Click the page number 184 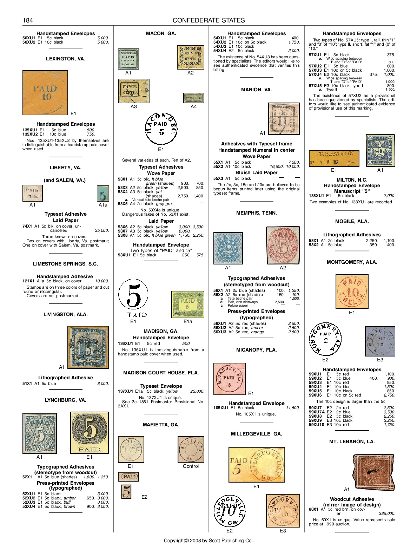tap(28, 20)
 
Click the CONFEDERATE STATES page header tap(208, 20)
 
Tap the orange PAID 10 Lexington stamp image tap(45, 93)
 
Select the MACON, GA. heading tap(161, 33)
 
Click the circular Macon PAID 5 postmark tap(161, 129)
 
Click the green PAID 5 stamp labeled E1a tap(188, 304)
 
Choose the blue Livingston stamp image tap(88, 347)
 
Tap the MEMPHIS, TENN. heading tap(257, 213)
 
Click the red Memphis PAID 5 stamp tap(283, 245)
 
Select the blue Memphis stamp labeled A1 tap(228, 248)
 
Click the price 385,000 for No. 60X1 tap(386, 513)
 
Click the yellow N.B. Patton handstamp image tap(334, 158)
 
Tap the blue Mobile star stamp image tap(380, 150)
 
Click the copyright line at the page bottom tap(208, 541)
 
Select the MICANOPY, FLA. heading tap(257, 350)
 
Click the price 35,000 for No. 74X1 tap(102, 230)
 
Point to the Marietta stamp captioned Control tap(191, 450)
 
